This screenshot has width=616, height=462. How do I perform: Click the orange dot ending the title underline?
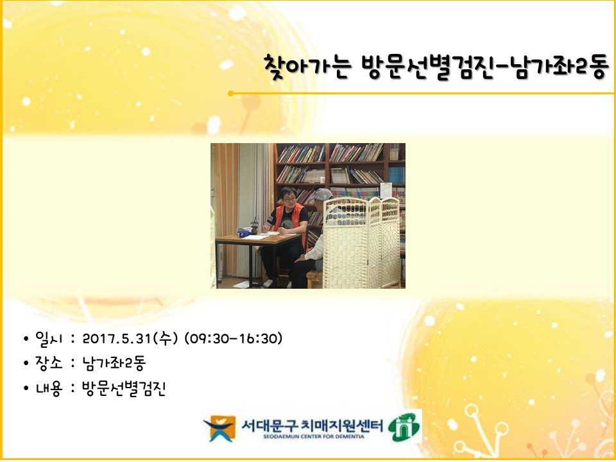[x=230, y=94]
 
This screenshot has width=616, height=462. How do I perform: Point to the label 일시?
[x=49, y=339]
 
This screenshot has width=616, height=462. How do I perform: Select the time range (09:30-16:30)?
[x=234, y=339]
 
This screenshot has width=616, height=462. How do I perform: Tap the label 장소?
[x=49, y=363]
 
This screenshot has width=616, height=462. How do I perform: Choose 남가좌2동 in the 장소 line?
[x=114, y=363]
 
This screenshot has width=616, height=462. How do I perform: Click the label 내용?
[x=49, y=389]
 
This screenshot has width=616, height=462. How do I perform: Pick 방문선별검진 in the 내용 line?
[x=124, y=389]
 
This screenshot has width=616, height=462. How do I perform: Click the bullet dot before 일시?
[x=26, y=339]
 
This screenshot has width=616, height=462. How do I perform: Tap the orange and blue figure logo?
[x=219, y=427]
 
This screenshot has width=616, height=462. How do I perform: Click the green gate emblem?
[x=404, y=427]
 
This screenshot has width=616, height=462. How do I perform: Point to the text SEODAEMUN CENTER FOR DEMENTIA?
[x=314, y=436]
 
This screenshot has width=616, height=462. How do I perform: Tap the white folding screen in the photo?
[x=361, y=243]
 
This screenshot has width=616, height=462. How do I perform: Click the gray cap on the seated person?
[x=323, y=194]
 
